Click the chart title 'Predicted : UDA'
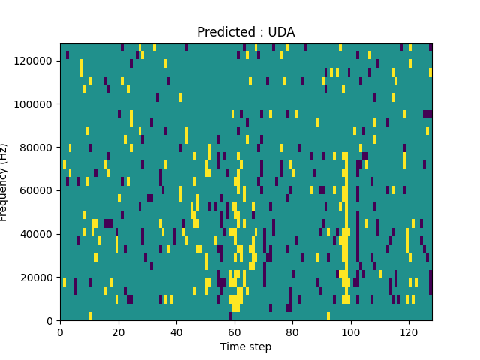(x=246, y=32)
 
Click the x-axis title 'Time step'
(x=246, y=346)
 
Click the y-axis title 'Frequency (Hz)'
(x=5, y=182)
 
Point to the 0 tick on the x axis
(x=60, y=331)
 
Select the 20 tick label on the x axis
(x=118, y=331)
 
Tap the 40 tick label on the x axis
(x=176, y=331)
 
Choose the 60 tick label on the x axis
(x=234, y=331)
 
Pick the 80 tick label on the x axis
(x=292, y=331)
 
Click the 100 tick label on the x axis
(x=350, y=331)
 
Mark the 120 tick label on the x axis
(x=409, y=331)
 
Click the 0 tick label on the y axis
(x=51, y=321)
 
